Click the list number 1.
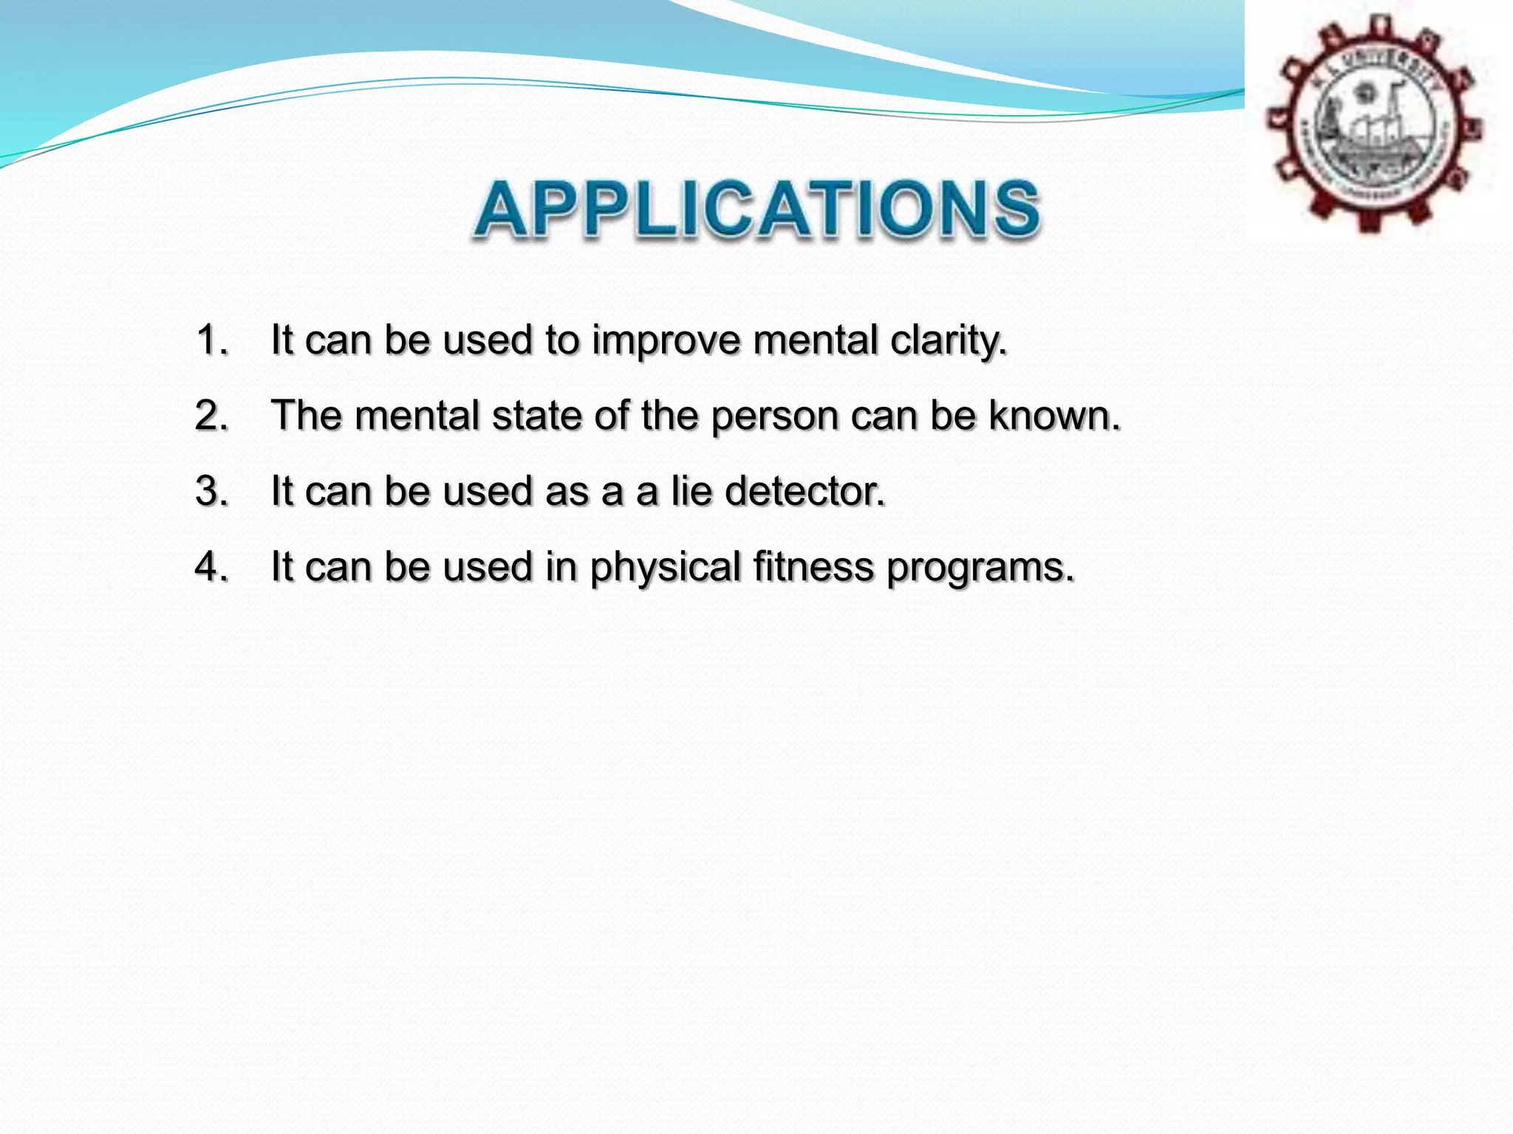point(211,340)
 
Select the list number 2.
point(211,416)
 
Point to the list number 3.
point(211,491)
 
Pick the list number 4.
point(211,567)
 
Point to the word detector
point(805,491)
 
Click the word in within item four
point(561,567)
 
